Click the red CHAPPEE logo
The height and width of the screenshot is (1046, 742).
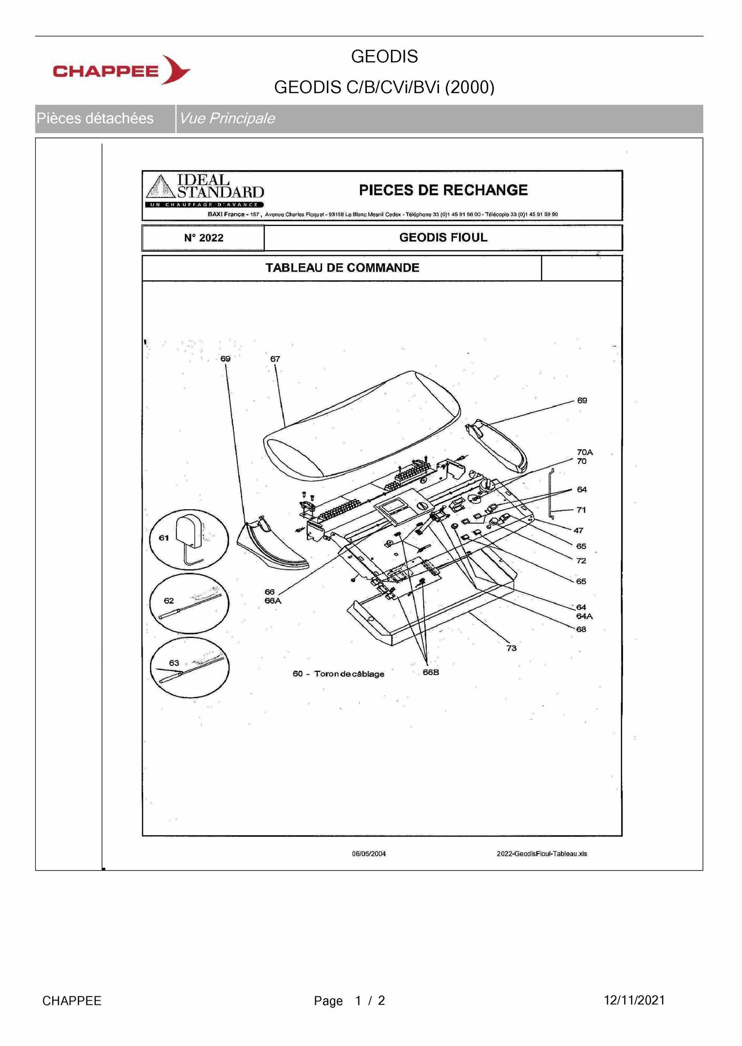click(122, 70)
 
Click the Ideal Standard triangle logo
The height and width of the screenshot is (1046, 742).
click(161, 187)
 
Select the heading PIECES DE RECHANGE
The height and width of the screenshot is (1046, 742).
click(443, 190)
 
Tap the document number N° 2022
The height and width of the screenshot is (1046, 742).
click(204, 238)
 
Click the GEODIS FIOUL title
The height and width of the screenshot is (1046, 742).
click(443, 238)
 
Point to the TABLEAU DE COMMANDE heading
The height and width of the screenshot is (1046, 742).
click(342, 268)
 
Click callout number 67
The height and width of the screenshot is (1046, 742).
click(275, 359)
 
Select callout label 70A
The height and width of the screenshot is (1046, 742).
click(585, 452)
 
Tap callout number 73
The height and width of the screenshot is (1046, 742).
click(512, 648)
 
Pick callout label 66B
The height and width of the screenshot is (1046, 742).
click(431, 672)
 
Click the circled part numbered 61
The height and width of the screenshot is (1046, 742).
click(189, 539)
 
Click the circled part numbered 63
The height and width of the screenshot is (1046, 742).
click(189, 668)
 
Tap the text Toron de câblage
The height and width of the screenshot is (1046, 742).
click(349, 674)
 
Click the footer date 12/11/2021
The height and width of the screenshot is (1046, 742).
click(634, 1000)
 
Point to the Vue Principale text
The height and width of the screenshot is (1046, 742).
click(227, 118)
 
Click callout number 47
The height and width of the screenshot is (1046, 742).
click(578, 530)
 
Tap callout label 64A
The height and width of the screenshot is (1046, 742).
click(584, 616)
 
